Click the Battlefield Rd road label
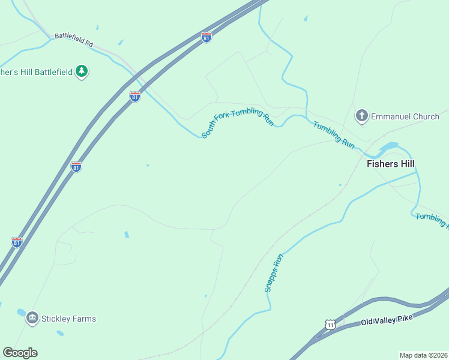(74, 40)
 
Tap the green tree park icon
(82, 72)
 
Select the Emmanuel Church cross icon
(361, 115)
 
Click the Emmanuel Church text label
(405, 116)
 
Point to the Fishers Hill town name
(391, 164)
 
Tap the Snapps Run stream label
(274, 273)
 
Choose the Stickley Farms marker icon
(32, 318)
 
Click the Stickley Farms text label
(69, 319)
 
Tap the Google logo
(20, 353)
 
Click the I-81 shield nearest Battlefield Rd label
(206, 37)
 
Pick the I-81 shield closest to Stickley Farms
(17, 242)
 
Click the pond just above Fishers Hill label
(389, 146)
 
